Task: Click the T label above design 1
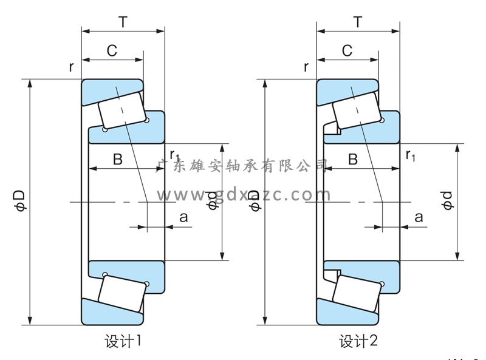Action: [123, 23]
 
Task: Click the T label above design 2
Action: [358, 23]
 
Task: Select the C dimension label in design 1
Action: [112, 51]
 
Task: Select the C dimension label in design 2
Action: [347, 51]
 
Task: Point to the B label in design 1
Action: [118, 159]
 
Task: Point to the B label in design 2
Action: [353, 159]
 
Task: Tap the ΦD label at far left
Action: [19, 201]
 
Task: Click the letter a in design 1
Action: [183, 217]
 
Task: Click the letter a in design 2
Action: [419, 217]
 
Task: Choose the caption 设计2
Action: [358, 341]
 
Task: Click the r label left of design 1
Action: [71, 67]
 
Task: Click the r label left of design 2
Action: [306, 67]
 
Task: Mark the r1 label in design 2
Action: [411, 155]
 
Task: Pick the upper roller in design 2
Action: [357, 109]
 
